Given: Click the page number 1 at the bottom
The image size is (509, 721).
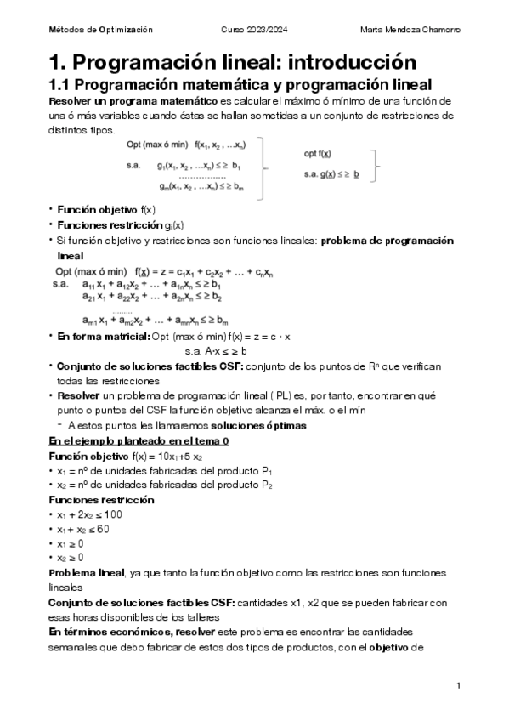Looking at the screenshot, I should pos(458,685).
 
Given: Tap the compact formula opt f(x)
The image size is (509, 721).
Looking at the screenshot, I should pos(320,154).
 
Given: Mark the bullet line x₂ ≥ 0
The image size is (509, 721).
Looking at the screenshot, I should pos(70,558).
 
